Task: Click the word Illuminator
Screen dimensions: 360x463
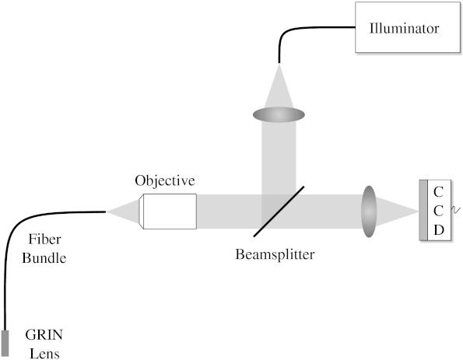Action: (404, 29)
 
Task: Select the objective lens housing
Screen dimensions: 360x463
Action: (168, 211)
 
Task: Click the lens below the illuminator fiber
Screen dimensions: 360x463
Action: (279, 114)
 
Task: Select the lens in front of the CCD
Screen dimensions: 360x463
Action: (369, 210)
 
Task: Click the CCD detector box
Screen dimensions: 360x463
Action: (436, 210)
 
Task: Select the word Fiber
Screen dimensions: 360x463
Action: (40, 243)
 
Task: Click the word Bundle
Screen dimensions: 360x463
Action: (44, 259)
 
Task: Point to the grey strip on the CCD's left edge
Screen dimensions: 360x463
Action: (421, 210)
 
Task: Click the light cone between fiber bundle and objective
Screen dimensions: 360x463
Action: (125, 211)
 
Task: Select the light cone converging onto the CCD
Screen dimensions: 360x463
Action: (397, 210)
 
